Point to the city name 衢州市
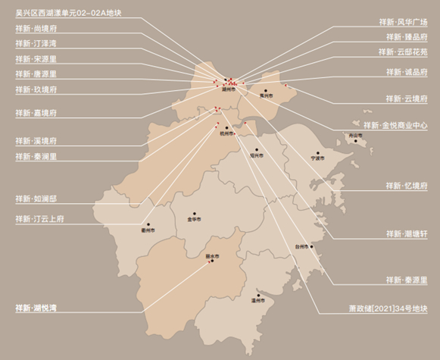point(148,230)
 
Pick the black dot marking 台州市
point(301,240)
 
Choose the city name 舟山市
point(354,136)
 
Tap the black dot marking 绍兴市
point(257,149)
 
